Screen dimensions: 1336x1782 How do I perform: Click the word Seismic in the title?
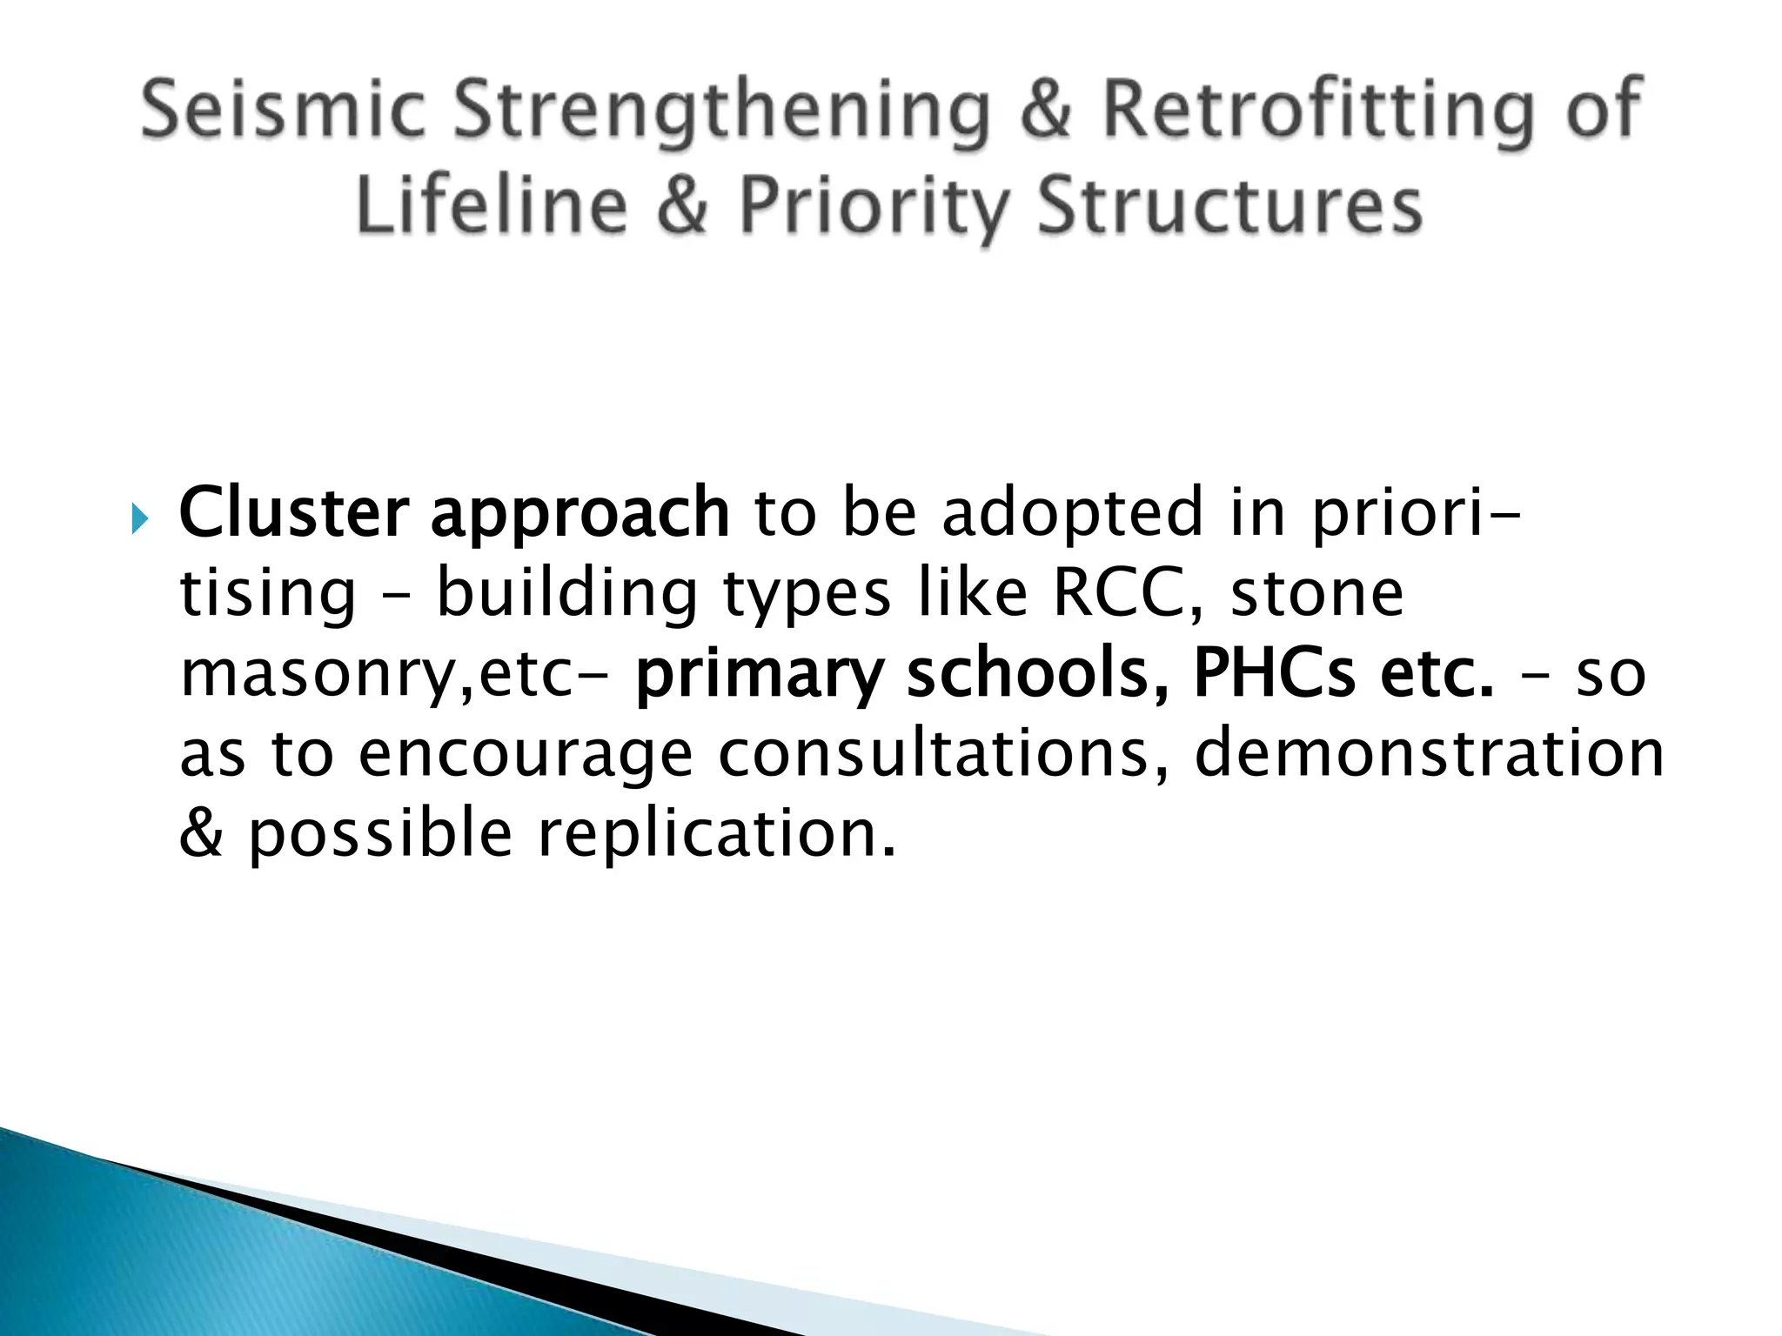283,110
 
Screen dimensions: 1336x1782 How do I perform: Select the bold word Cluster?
293,513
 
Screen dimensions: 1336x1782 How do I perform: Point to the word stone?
1317,593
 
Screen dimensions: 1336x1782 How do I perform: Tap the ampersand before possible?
201,833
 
